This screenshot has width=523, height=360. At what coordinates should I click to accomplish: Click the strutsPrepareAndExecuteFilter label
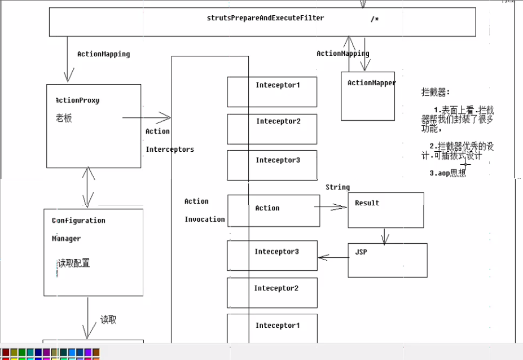pos(265,18)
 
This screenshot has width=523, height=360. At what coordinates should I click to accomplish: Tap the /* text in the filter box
pos(375,20)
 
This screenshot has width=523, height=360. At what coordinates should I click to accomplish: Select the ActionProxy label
pos(77,100)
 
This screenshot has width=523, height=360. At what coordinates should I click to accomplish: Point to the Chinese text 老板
pos(64,118)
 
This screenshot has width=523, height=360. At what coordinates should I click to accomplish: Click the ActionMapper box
pos(368,96)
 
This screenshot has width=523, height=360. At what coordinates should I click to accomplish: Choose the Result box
pos(385,210)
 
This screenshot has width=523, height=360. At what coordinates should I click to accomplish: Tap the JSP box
pos(387,260)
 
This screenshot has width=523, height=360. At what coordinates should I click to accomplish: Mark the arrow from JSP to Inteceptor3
pos(333,258)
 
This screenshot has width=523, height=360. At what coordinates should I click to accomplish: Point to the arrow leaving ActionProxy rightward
pos(147,117)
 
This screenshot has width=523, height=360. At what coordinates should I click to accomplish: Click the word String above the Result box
pos(337,187)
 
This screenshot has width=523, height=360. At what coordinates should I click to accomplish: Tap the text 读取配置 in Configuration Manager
pos(73,264)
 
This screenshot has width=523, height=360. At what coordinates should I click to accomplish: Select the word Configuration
pos(78,221)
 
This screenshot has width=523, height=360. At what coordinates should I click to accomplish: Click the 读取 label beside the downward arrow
pos(108,320)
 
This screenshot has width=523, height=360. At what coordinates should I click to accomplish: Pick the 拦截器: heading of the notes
pos(436,92)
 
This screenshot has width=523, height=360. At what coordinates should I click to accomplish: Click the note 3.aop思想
pos(447,173)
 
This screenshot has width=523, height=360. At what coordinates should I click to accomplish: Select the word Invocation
pos(204,219)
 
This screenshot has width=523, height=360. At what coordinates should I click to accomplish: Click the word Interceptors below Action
pos(170,150)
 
